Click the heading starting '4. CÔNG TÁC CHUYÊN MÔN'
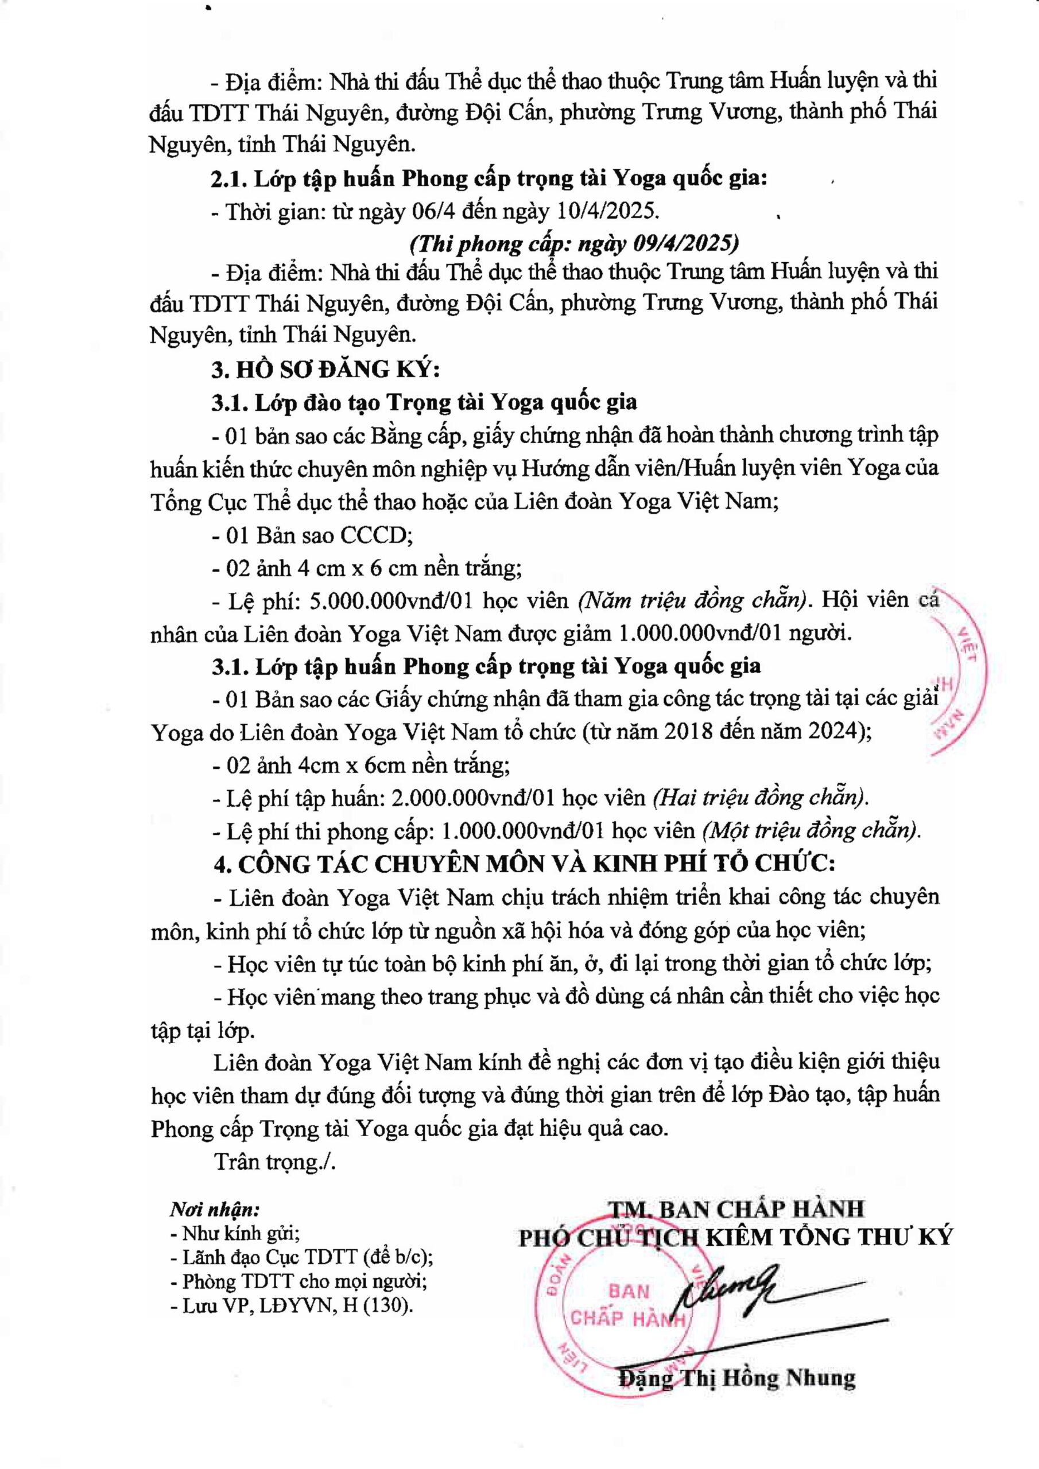click(x=524, y=864)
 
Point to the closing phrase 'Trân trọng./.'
click(x=274, y=1161)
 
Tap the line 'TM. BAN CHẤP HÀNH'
click(x=736, y=1208)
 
